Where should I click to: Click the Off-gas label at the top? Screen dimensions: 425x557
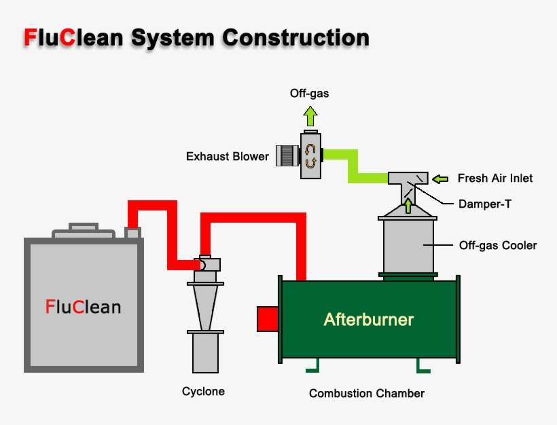[309, 94]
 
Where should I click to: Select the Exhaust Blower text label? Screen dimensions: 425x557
[227, 157]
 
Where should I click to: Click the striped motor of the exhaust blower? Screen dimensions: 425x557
[288, 155]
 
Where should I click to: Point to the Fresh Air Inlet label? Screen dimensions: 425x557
[495, 179]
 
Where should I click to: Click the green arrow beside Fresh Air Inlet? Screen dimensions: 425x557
[441, 179]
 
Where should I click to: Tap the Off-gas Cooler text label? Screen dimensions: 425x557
[497, 245]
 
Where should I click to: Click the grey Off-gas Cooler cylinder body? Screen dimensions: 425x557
[408, 244]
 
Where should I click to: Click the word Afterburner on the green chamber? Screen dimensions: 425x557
[368, 319]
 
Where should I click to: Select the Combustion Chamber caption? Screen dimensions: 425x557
[366, 394]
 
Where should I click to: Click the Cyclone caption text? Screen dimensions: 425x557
[203, 392]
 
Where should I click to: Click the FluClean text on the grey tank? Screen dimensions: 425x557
[83, 307]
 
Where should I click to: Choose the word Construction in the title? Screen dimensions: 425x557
[295, 37]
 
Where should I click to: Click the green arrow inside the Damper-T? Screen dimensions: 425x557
[408, 204]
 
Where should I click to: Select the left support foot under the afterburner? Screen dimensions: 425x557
[312, 367]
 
